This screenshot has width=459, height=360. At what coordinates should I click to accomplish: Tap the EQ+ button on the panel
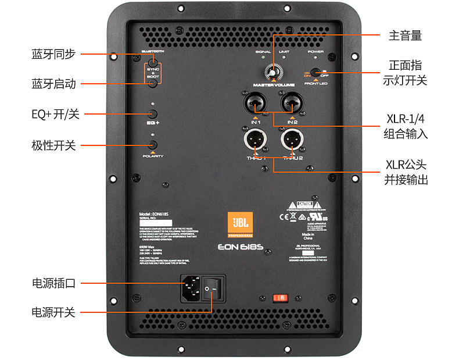(153, 114)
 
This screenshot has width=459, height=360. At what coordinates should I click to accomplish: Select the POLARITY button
(153, 145)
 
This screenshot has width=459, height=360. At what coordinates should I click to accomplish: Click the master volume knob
(272, 72)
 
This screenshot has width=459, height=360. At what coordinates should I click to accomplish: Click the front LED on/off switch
(315, 73)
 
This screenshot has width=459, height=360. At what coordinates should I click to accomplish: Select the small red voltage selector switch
(280, 298)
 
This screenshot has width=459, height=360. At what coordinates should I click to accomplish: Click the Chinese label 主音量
(405, 36)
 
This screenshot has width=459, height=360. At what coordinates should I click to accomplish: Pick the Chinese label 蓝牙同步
(53, 54)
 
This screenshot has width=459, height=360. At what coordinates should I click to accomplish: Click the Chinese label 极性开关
(53, 145)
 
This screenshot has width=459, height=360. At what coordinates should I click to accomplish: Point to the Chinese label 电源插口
(53, 284)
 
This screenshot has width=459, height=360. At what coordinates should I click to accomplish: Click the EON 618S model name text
(240, 246)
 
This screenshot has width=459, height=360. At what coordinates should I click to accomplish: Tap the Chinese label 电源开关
(53, 312)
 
